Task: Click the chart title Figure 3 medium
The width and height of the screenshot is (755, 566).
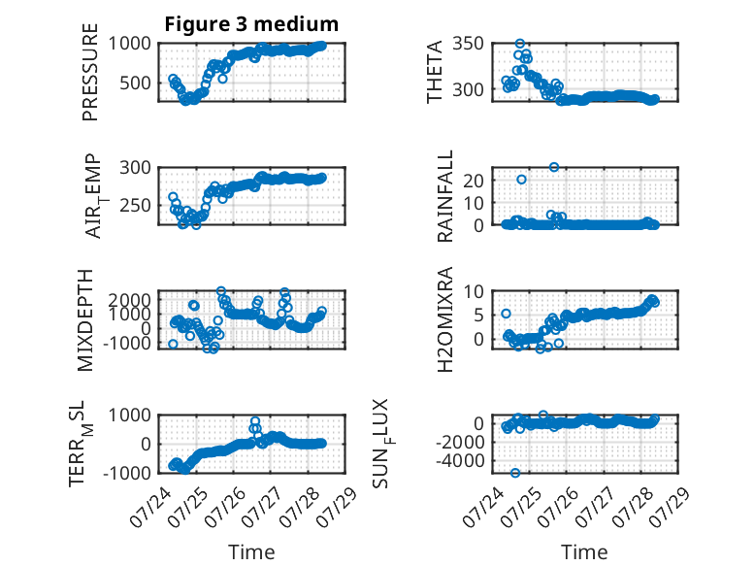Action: [251, 24]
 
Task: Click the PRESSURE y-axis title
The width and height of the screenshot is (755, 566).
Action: [90, 72]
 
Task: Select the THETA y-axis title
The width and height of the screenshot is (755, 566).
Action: [435, 72]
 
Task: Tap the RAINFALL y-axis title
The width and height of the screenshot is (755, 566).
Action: [444, 196]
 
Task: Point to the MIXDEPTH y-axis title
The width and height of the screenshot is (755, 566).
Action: [84, 320]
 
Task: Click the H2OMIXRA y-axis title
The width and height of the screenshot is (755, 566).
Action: [444, 319]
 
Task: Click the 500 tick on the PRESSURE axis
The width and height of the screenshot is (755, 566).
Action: [135, 83]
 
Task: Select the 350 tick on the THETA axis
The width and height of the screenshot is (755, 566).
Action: [468, 44]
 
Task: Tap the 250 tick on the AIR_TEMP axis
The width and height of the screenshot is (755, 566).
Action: [135, 205]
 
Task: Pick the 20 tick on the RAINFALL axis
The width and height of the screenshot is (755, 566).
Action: [474, 181]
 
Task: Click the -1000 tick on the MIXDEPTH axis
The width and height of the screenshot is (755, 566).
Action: [127, 344]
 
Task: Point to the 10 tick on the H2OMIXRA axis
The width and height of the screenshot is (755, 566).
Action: [474, 291]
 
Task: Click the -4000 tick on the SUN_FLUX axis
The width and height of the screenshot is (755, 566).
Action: [460, 461]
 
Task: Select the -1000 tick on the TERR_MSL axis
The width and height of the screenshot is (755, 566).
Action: [127, 473]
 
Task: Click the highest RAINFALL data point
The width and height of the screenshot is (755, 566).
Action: [554, 167]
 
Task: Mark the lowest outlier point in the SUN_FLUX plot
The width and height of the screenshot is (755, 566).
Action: [515, 473]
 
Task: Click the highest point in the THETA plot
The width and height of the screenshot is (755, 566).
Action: [519, 44]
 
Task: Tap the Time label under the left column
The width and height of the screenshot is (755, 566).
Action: [251, 552]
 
